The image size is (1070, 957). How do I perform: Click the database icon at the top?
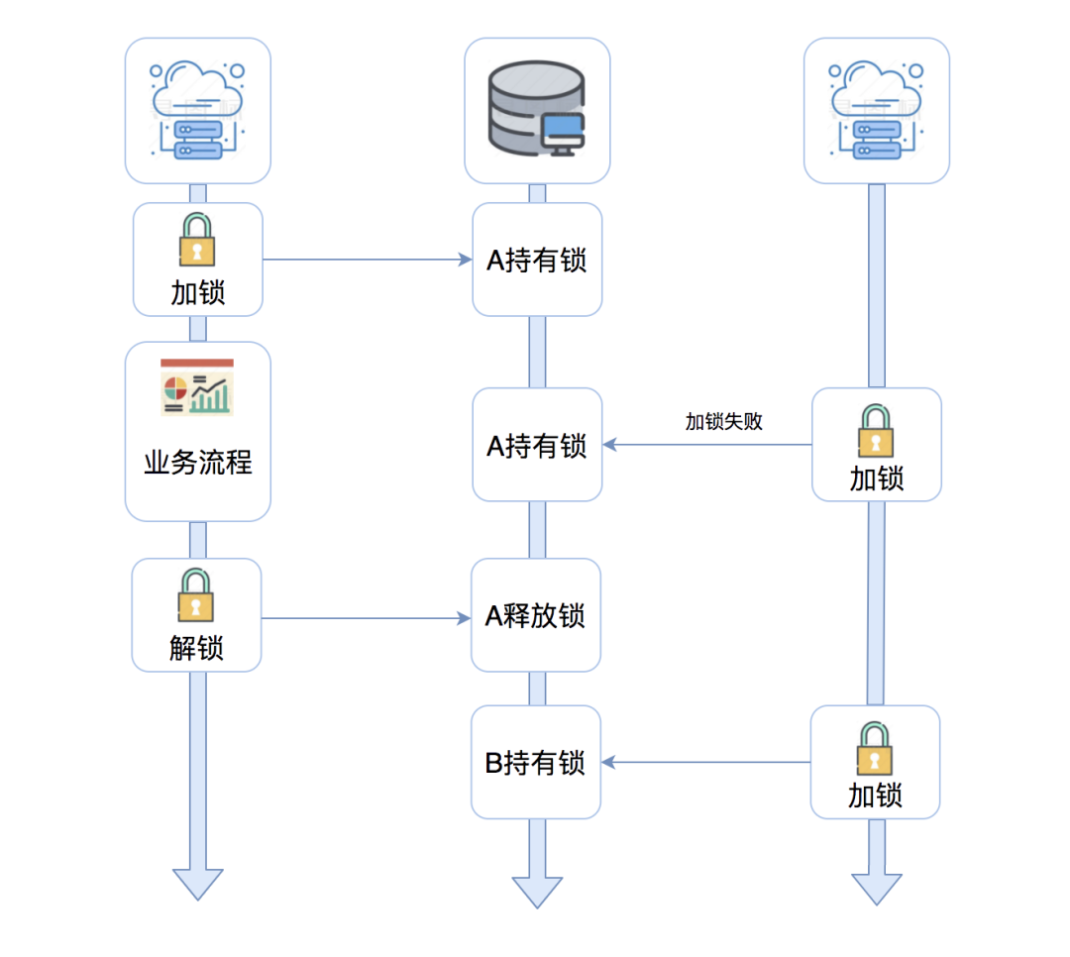(x=536, y=110)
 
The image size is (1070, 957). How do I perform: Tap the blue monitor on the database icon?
(x=564, y=133)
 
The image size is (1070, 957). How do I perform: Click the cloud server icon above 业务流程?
(x=197, y=110)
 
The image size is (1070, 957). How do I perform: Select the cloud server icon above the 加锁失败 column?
(x=876, y=110)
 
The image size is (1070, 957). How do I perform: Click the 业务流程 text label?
(x=198, y=463)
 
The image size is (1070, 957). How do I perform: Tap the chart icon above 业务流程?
(x=197, y=387)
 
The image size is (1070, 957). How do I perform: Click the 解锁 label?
(x=196, y=648)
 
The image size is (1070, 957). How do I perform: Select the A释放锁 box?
(x=536, y=615)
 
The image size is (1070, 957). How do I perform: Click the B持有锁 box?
(x=536, y=762)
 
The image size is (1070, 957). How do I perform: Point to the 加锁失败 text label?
(x=724, y=421)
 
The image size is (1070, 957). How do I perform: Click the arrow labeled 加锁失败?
(x=707, y=445)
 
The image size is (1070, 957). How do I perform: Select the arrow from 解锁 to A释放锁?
(x=367, y=618)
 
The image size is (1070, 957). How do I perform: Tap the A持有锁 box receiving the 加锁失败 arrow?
(x=537, y=445)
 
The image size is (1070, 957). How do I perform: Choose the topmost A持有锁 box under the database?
(x=537, y=260)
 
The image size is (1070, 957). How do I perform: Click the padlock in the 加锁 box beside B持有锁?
(x=875, y=749)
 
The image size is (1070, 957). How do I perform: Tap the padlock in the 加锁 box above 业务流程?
(x=197, y=241)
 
